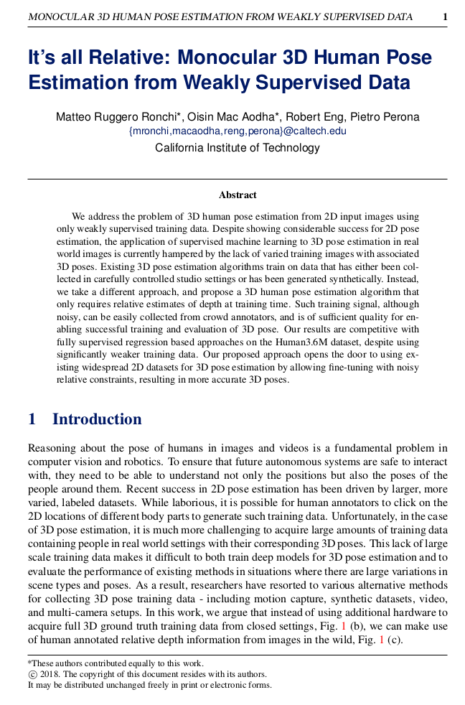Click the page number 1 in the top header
tap(445, 17)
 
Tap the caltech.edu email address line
tap(237, 131)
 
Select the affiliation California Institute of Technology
tap(237, 148)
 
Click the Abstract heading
tap(238, 195)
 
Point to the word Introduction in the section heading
tap(97, 419)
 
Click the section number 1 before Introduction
tap(32, 419)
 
